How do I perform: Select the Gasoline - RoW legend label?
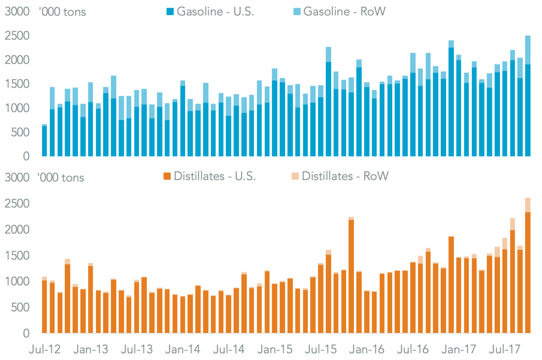point(339,12)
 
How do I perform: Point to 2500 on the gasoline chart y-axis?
point(18,36)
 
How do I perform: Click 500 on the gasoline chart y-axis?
point(22,132)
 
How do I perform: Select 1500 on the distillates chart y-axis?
point(18,256)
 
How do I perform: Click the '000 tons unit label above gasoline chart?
point(62,12)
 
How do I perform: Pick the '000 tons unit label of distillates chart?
point(61,177)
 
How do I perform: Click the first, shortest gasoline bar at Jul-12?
point(44,141)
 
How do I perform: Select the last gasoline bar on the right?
point(528,96)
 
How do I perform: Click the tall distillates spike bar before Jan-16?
point(351,275)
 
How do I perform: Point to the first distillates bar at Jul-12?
point(44,305)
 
